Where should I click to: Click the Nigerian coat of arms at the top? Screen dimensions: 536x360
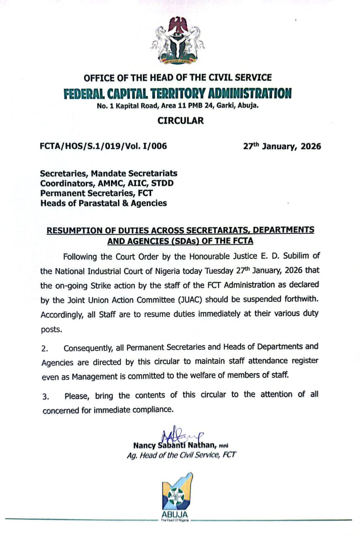click(178, 41)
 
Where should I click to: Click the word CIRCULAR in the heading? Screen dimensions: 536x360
click(180, 121)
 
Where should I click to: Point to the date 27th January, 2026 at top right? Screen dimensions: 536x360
click(282, 146)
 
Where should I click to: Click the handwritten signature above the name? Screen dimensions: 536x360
click(181, 437)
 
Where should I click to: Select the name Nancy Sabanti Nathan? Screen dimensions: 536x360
click(174, 445)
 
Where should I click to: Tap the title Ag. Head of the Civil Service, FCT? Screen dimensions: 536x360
click(181, 455)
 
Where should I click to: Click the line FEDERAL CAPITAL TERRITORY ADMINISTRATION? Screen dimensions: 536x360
click(178, 93)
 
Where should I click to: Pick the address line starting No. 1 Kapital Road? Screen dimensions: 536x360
click(178, 106)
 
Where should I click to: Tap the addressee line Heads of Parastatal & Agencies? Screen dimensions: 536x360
click(103, 204)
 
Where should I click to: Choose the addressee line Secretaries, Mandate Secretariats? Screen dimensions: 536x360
click(109, 173)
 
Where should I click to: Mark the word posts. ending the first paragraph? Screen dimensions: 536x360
click(52, 330)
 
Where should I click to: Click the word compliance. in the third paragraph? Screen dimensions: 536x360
click(151, 410)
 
